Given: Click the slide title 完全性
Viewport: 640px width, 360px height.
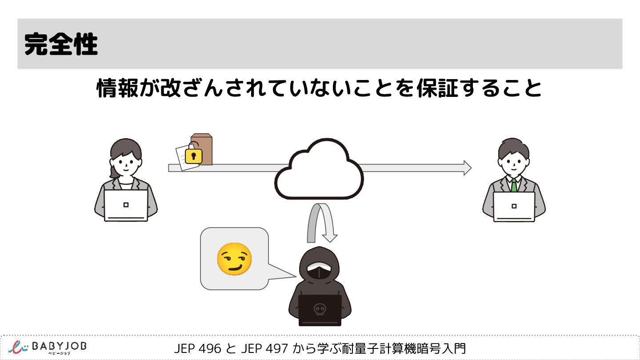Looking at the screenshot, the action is [x=61, y=44].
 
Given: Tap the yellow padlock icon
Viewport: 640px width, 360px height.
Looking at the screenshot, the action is [x=193, y=156].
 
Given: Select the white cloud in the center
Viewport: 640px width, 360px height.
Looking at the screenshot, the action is [x=319, y=171].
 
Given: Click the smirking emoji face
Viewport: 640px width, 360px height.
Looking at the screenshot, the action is [x=234, y=259].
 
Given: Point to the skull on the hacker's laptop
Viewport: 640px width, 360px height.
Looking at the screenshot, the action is [x=319, y=309].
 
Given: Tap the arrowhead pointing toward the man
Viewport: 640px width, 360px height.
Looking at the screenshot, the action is [x=467, y=168].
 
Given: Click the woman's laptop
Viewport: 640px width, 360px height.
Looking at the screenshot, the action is [x=126, y=205].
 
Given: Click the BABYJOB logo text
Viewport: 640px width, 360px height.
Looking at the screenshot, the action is [x=60, y=346].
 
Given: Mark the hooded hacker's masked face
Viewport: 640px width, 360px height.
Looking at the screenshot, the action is [x=320, y=270].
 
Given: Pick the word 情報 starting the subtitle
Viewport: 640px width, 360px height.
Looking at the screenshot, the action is [x=113, y=89].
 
